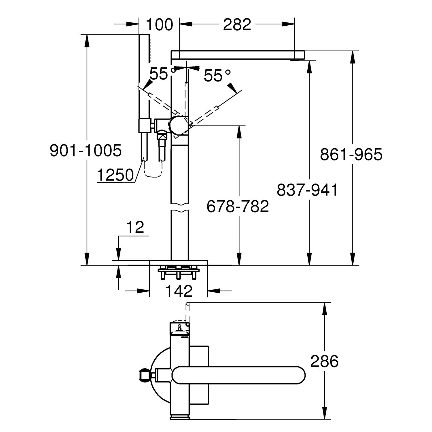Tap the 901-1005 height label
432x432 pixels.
(86, 150)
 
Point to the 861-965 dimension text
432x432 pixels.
(351, 155)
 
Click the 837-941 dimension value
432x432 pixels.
(307, 190)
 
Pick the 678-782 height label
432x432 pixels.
(238, 206)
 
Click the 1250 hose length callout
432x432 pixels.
(115, 175)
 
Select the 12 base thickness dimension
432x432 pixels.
(135, 228)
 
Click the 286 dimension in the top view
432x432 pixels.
(324, 361)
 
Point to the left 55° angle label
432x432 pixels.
(159, 74)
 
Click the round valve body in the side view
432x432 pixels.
(179, 125)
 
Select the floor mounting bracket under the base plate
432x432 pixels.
(178, 272)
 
